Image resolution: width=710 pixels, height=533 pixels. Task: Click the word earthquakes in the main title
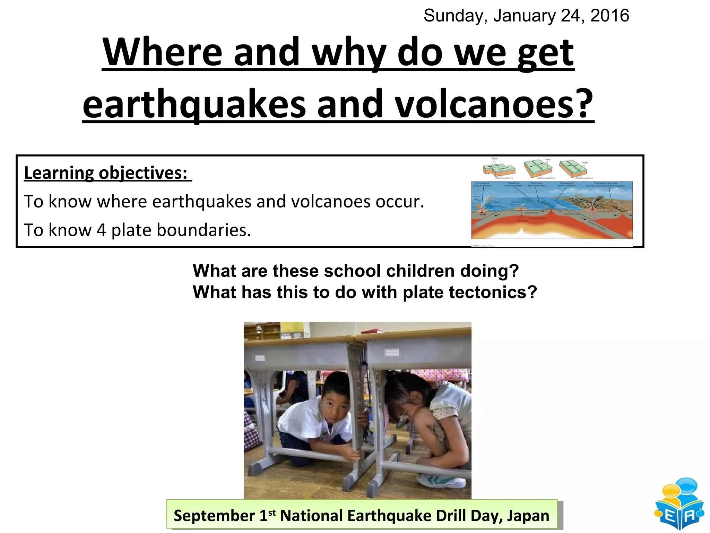pos(194,103)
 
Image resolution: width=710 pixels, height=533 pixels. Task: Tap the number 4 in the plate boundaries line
pos(101,230)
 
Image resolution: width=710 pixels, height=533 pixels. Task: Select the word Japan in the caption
pos(528,516)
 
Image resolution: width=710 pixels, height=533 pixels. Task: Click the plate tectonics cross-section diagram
pos(552,210)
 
